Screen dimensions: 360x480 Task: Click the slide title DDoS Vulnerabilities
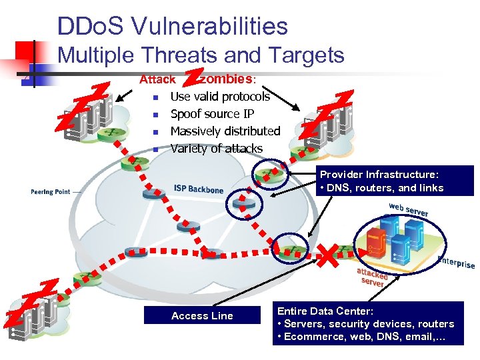pyautogui.click(x=173, y=26)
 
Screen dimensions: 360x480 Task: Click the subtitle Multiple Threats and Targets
pyautogui.click(x=201, y=55)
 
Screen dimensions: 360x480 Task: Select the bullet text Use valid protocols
pyautogui.click(x=220, y=97)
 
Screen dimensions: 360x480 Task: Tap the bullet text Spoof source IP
pyautogui.click(x=212, y=114)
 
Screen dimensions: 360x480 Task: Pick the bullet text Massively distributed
pyautogui.click(x=225, y=131)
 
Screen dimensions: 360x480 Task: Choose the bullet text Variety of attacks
pyautogui.click(x=216, y=149)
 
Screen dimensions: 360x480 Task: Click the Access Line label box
pyautogui.click(x=202, y=316)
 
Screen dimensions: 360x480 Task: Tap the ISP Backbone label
pyautogui.click(x=198, y=189)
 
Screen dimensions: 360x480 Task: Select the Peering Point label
pyautogui.click(x=50, y=192)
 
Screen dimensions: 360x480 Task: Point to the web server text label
pyautogui.click(x=409, y=209)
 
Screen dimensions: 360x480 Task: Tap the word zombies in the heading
pyautogui.click(x=227, y=79)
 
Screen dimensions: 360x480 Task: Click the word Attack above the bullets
pyautogui.click(x=157, y=79)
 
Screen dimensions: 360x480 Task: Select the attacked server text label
pyautogui.click(x=371, y=277)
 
